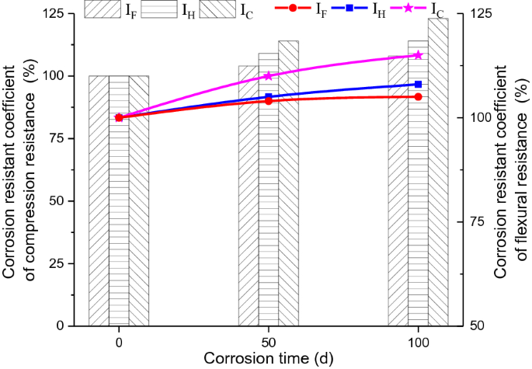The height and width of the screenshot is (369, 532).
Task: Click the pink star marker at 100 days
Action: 418,55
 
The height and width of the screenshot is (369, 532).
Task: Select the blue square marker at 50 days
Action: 269,96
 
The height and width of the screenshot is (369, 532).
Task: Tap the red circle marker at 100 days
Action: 418,96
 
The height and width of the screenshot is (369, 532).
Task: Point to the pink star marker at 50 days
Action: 269,76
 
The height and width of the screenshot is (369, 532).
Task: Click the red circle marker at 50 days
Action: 269,101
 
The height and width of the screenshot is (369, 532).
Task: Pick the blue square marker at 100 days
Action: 418,84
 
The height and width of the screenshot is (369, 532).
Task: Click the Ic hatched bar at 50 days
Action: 288,186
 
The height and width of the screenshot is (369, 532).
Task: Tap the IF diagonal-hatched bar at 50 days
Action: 248,202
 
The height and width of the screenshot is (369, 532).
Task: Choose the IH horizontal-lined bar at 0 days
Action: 119,202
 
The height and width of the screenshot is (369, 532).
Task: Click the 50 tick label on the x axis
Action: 269,341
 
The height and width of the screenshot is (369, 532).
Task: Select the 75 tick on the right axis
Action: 478,221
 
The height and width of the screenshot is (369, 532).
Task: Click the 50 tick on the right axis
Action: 478,325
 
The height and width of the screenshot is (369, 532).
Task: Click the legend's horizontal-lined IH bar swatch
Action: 160,9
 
